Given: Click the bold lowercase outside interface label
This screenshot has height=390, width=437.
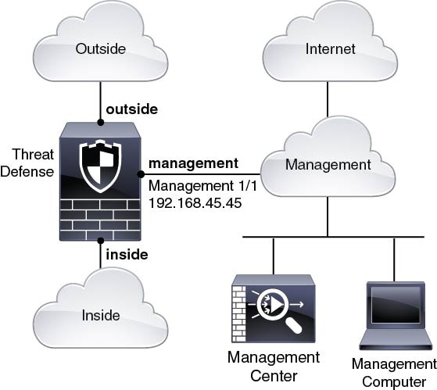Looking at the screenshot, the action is pyautogui.click(x=132, y=109).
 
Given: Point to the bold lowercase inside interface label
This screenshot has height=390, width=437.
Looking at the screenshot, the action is pyautogui.click(x=127, y=255).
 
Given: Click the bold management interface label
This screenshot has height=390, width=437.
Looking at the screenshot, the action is pyautogui.click(x=193, y=163).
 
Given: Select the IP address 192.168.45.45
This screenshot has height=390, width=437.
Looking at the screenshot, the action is pyautogui.click(x=195, y=203).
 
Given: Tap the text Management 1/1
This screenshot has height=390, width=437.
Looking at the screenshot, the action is pyautogui.click(x=202, y=186).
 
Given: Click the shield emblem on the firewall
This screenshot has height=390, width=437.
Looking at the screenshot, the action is pyautogui.click(x=100, y=166).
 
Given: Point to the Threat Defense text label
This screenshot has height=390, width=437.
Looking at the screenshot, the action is pyautogui.click(x=27, y=163).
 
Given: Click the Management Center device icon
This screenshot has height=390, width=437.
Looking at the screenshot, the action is pyautogui.click(x=274, y=309).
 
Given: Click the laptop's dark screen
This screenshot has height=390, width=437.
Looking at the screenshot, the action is pyautogui.click(x=396, y=305).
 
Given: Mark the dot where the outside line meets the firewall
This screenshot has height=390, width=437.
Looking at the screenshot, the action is pyautogui.click(x=101, y=122).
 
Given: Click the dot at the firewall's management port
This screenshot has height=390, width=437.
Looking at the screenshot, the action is pyautogui.click(x=141, y=174).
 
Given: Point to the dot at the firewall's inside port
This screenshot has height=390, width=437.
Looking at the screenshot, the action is pyautogui.click(x=101, y=241).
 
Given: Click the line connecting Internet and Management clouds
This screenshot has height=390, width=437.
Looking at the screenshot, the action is pyautogui.click(x=328, y=99).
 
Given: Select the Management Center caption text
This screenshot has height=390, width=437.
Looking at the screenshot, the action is pyautogui.click(x=274, y=367).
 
